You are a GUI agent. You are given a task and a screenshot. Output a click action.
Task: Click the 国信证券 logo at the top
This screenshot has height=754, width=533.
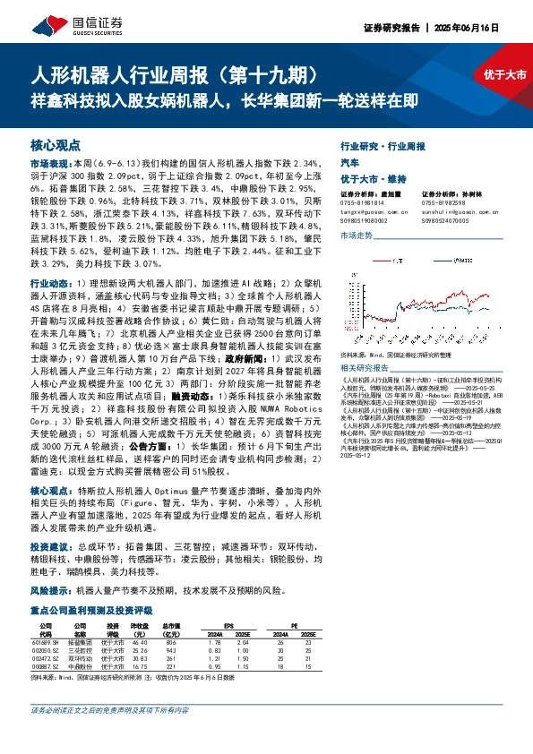coord(83,23)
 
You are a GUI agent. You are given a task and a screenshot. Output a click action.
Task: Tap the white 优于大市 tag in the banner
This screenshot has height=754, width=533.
coord(503,75)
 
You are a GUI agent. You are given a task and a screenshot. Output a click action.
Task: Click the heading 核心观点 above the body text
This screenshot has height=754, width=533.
coord(56,144)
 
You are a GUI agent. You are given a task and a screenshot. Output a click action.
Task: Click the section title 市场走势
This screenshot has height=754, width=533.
coord(356,234)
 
